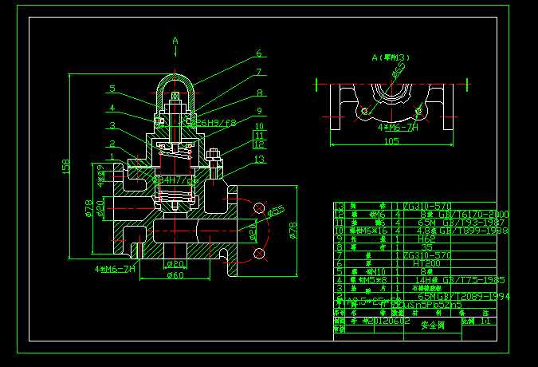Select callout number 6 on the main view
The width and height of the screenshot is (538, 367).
click(258, 54)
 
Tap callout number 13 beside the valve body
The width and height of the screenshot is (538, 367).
click(258, 159)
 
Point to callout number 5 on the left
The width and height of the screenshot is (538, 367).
click(113, 89)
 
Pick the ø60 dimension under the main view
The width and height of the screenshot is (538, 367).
click(175, 275)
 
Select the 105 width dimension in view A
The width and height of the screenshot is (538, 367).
click(391, 141)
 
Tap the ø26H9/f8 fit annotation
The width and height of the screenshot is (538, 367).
click(217, 123)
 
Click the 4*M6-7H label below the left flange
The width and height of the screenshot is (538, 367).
click(116, 268)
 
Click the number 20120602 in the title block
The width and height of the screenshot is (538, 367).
click(386, 322)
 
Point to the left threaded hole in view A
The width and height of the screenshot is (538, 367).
click(365, 110)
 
